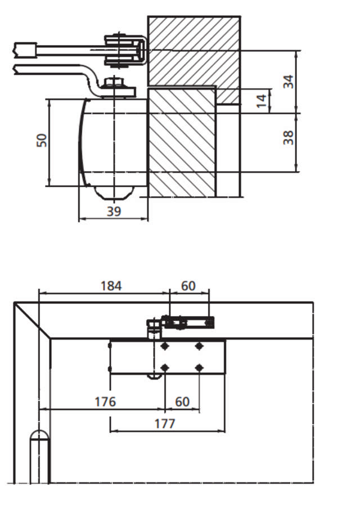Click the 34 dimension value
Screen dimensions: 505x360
coord(289,81)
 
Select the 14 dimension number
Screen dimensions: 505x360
coord(262,101)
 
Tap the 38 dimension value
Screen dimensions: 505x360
coord(289,138)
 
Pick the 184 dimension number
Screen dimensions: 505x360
coord(110,286)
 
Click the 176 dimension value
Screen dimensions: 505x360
coord(105,402)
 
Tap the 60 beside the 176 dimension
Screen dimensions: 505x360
coord(182,402)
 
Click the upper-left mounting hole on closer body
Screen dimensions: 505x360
coord(165,346)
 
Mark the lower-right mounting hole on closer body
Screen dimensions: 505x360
coord(199,368)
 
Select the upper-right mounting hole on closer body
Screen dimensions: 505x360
coord(199,346)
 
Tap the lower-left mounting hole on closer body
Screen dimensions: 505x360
coord(165,368)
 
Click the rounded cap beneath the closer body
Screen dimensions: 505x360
coord(114,192)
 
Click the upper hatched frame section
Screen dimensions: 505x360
coord(193,51)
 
